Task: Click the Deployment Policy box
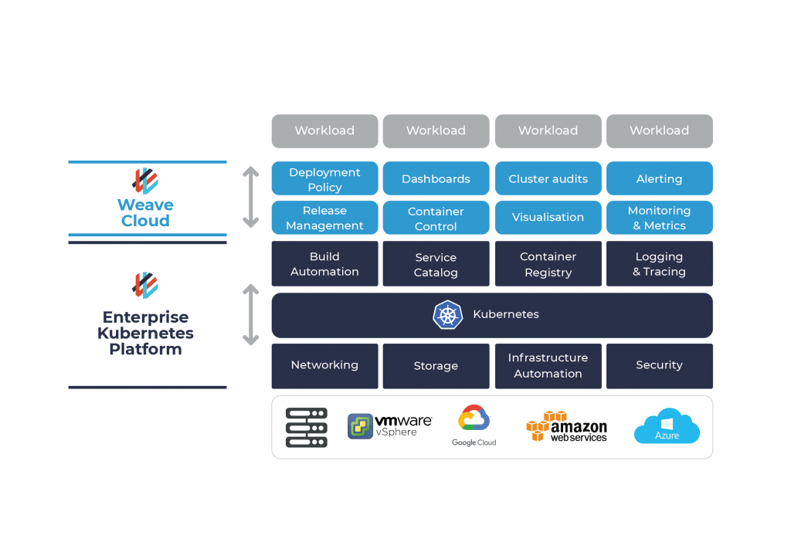(324, 179)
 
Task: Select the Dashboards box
(436, 179)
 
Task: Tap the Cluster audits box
(548, 179)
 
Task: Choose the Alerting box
(659, 179)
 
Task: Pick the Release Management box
(324, 218)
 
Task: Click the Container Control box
(436, 219)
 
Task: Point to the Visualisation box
(548, 218)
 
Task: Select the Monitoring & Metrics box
(659, 218)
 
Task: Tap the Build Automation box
(324, 264)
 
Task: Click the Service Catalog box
(436, 265)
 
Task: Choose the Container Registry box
(548, 264)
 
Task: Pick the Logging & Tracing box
(659, 264)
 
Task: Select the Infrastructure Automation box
(548, 366)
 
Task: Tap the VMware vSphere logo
(389, 427)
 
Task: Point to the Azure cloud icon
(667, 426)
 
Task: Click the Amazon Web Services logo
(566, 427)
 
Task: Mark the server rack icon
(306, 428)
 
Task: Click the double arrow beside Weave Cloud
(251, 197)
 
